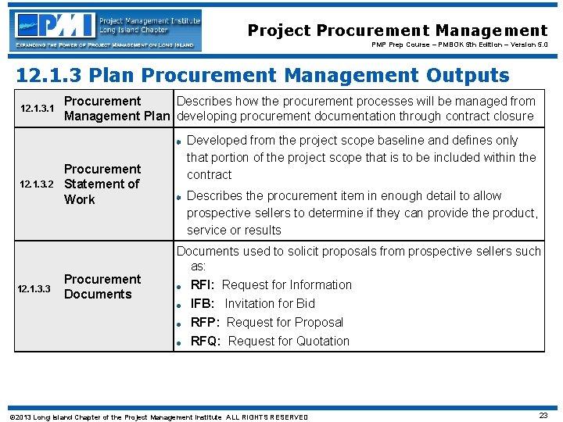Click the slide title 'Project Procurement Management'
[x=397, y=30]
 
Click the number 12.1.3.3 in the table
[x=35, y=289]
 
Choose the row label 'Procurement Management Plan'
[x=117, y=109]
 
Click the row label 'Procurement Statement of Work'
[x=102, y=184]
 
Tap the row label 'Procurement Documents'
[x=102, y=287]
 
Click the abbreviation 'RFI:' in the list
[x=203, y=285]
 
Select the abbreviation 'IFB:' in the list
[x=203, y=304]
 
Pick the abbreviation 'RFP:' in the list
[x=205, y=323]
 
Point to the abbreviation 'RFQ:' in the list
[x=206, y=342]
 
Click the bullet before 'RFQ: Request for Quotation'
[x=179, y=342]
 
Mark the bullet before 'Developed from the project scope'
[x=179, y=141]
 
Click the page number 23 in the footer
[x=543, y=416]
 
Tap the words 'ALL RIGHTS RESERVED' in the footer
[x=267, y=417]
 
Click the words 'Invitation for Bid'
[x=270, y=304]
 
